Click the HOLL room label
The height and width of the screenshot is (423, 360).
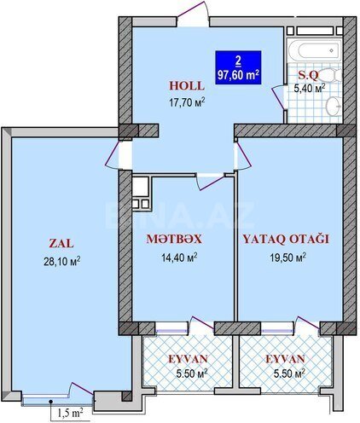[187, 86]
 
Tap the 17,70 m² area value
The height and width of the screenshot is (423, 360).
[187, 102]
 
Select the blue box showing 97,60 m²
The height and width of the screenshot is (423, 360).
[238, 67]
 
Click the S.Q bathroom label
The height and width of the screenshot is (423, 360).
[308, 75]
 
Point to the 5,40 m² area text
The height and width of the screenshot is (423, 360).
[310, 88]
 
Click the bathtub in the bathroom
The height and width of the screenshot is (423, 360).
[314, 50]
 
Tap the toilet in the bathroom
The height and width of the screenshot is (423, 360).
[331, 75]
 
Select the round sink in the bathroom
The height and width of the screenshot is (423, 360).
[334, 106]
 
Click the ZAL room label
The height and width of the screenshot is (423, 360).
[61, 244]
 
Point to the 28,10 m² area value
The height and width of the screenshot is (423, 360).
[61, 261]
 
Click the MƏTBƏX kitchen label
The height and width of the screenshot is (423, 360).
[174, 240]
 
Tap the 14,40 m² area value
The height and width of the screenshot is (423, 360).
[179, 258]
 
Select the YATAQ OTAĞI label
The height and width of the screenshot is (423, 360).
[286, 240]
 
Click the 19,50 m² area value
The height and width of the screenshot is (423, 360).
[287, 258]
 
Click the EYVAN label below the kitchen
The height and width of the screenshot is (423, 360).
[188, 359]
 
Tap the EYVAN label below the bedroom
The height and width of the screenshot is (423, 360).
[285, 359]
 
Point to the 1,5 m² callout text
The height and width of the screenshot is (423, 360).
[70, 413]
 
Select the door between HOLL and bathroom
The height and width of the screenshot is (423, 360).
[279, 96]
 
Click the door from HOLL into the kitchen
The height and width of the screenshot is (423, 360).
[211, 182]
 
